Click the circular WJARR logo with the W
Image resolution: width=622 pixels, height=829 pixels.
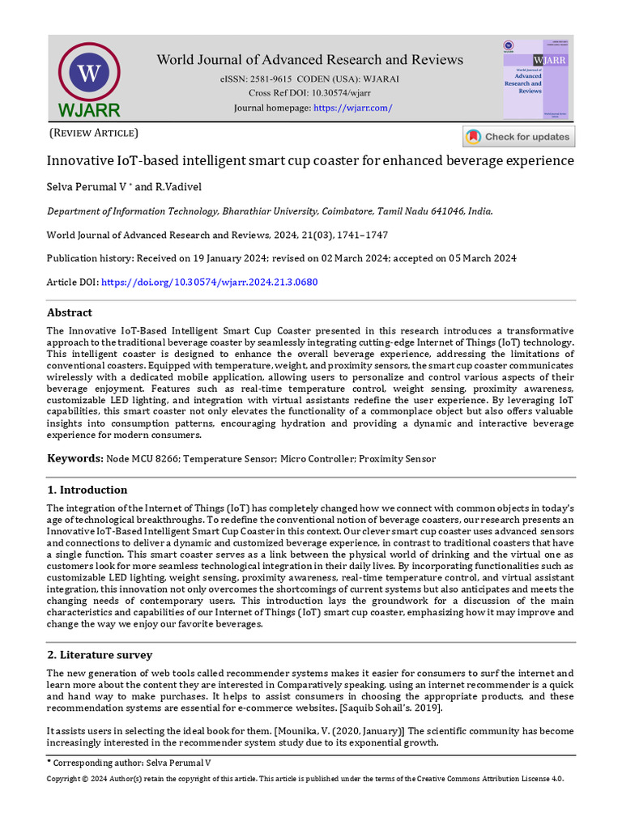(x=89, y=73)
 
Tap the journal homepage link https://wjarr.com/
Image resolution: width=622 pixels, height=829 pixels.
(x=352, y=108)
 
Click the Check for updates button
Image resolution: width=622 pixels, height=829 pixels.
(x=519, y=137)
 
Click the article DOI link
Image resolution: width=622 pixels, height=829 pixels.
(x=209, y=283)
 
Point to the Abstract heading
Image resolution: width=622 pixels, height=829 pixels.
(x=70, y=312)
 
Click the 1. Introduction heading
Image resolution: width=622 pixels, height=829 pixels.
(x=87, y=490)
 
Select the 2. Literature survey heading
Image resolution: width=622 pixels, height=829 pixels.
(x=100, y=655)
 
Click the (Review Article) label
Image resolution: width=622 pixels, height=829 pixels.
(x=94, y=133)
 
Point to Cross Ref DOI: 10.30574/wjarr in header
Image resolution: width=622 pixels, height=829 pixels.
(x=309, y=93)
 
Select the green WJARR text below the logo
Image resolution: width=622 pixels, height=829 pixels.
(x=89, y=110)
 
